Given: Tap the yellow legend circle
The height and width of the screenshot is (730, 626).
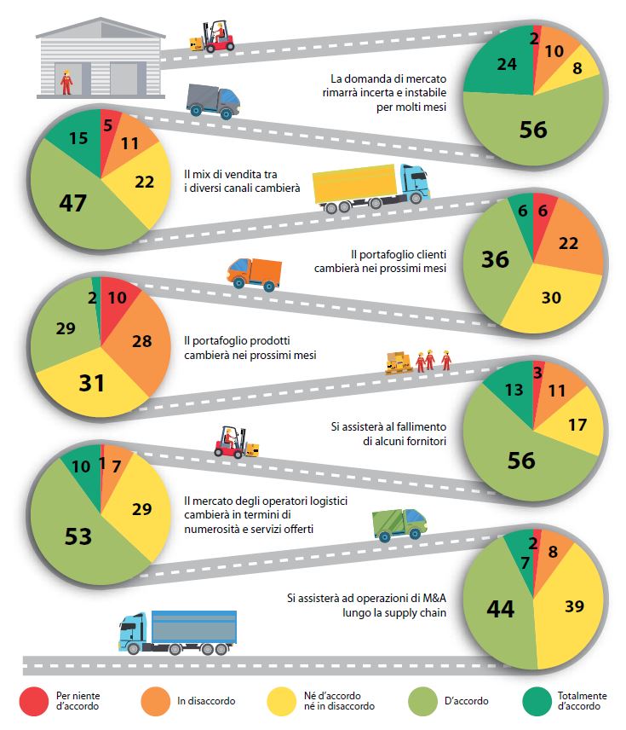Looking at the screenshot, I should pyautogui.click(x=283, y=700).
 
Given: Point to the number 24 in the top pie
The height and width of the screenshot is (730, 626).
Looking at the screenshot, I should pyautogui.click(x=484, y=64).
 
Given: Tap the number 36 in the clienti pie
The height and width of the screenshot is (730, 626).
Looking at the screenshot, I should pyautogui.click(x=495, y=258).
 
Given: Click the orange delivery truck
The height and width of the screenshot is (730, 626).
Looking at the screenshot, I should pyautogui.click(x=254, y=274).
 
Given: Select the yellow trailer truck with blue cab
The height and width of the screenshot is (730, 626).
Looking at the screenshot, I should pyautogui.click(x=370, y=187).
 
